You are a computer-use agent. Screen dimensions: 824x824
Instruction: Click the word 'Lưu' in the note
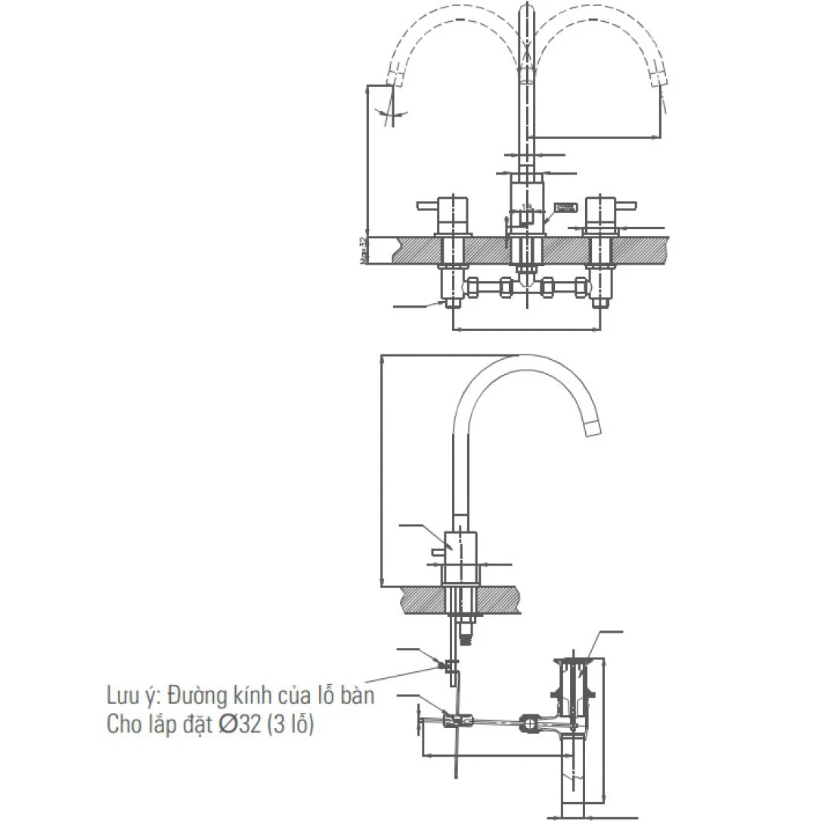[x=122, y=695]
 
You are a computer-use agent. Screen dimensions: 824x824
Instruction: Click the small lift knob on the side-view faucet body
[x=436, y=556]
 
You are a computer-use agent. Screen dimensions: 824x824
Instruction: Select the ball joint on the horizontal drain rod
[x=531, y=724]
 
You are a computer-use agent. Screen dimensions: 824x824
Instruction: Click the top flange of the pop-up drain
[x=572, y=662]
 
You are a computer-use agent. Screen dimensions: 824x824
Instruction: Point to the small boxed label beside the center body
[x=565, y=207]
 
